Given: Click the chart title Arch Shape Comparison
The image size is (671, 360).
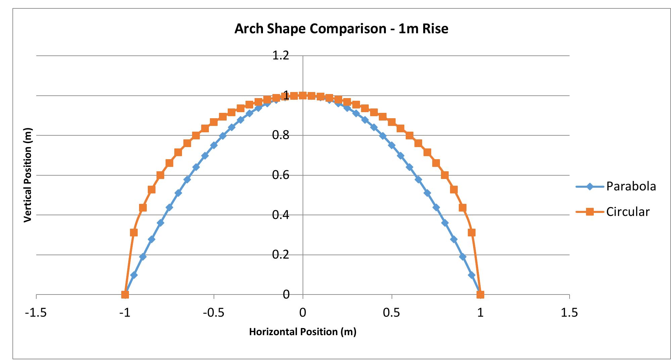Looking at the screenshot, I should coord(341,29).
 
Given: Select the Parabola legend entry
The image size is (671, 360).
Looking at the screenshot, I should coord(631,186).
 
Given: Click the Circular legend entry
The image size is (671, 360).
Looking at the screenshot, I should coord(627,212).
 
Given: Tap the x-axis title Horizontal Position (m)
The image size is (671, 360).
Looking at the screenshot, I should coord(303,332).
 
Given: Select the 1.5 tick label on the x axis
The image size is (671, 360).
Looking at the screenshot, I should coord(569,313).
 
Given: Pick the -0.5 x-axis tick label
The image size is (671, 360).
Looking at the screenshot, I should coord(214,313).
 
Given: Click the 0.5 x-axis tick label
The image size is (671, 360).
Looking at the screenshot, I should coord(392,313).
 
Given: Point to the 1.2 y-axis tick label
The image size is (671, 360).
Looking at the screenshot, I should coord(281,55).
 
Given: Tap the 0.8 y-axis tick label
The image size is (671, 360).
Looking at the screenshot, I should coord(281,135).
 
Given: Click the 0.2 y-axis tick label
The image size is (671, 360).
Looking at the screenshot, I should coord(281,255).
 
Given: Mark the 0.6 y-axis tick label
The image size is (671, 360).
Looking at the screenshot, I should coord(281,175).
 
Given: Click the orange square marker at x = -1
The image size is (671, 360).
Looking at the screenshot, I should coord(125,295).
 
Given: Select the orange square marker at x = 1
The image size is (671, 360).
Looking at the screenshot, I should coord(480,295).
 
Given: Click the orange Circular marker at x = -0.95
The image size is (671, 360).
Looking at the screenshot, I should coord(134,232).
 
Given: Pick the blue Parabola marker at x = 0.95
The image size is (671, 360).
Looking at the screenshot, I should coord(472,275).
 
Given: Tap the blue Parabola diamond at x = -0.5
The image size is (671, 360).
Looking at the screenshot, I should coord(214,145).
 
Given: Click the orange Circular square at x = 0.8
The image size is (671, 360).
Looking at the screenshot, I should coord(445,175).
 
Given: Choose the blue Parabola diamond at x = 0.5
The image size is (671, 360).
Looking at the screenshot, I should coord(392,145).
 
